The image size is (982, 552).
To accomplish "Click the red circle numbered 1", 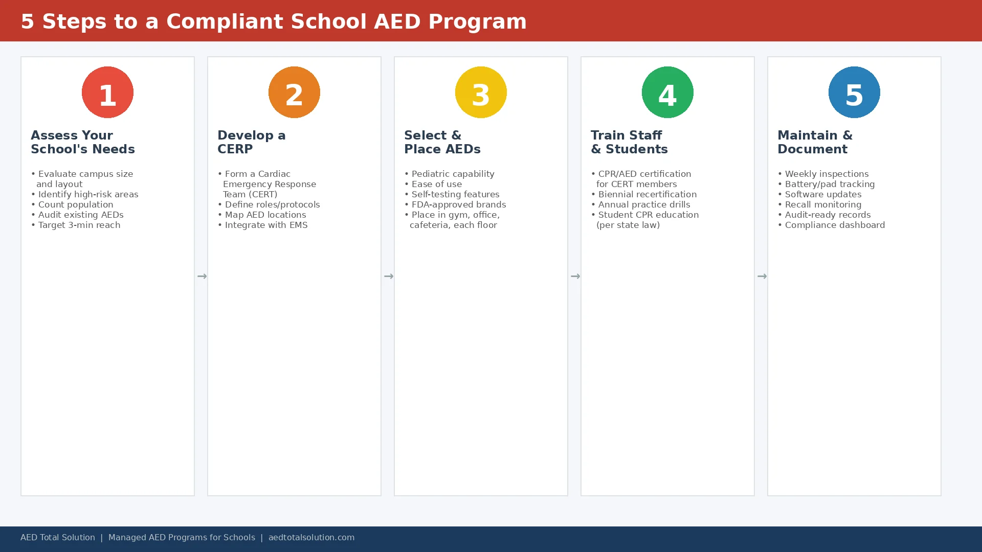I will point(107,92).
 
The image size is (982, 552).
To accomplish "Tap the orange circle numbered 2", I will point(294,92).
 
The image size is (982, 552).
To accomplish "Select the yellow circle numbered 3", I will point(481,92).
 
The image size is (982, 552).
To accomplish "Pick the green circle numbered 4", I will point(667,92).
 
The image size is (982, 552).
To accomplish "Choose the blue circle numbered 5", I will point(854,92).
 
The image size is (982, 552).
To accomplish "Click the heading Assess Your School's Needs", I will point(82,142).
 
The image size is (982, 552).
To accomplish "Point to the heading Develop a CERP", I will point(251,142).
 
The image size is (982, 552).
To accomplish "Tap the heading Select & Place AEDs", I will point(442,142).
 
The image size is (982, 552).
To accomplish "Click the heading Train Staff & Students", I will point(629,142).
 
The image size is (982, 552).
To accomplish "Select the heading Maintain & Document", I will point(814,142).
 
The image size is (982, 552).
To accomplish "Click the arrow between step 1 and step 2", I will point(202,276).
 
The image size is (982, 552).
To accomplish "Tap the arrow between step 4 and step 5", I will point(762,276).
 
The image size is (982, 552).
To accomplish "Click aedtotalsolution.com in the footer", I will point(311,537).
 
